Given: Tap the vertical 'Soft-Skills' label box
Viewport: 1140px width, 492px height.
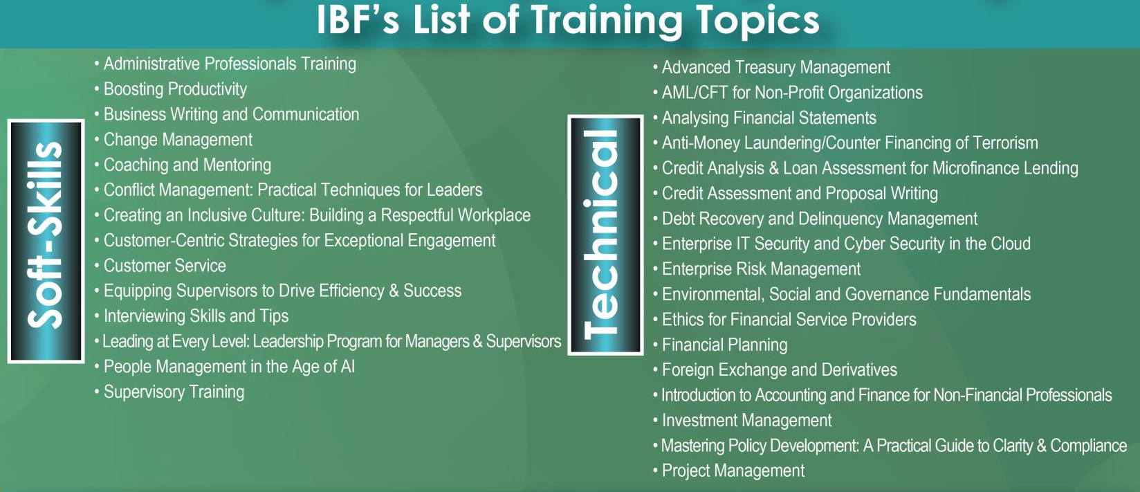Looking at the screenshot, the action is (46, 241).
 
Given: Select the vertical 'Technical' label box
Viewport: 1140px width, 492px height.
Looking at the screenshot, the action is (606, 235).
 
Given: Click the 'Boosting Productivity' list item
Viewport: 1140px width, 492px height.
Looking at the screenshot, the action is (175, 89).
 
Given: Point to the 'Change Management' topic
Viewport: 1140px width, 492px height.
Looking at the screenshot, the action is (178, 140).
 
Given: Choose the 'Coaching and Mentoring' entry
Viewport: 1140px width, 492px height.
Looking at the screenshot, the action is (187, 165).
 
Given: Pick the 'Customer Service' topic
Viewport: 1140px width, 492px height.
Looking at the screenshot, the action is (165, 266).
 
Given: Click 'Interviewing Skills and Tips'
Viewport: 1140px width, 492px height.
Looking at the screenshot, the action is (196, 316).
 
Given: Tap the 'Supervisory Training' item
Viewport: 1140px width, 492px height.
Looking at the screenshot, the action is (174, 392).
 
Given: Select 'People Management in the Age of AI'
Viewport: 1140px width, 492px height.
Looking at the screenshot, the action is (229, 367).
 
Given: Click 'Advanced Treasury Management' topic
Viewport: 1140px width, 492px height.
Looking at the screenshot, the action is (776, 67).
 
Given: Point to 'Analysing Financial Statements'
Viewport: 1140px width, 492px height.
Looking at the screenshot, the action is (769, 118).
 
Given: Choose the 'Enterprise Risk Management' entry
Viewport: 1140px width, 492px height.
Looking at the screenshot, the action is (761, 269).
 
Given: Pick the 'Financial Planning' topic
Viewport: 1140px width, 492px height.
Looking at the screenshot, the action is (725, 345).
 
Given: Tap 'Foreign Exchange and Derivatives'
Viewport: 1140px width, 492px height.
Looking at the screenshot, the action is (779, 370).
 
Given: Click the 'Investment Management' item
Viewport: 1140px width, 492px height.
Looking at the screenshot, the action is (746, 420).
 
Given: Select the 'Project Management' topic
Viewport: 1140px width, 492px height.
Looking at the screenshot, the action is (733, 471).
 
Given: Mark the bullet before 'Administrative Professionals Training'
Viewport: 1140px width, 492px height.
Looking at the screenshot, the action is (96, 64).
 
